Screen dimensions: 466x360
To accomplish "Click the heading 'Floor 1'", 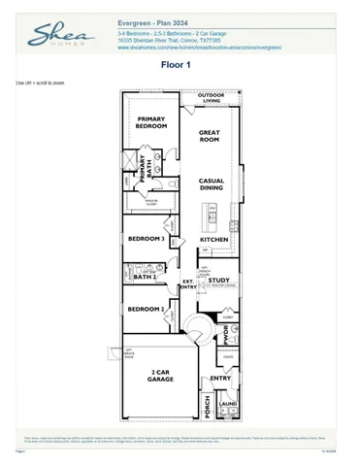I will tap(178, 65).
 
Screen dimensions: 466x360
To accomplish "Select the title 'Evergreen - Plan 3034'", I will tap(155, 21).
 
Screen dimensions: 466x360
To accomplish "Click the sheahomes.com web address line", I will tap(199, 45).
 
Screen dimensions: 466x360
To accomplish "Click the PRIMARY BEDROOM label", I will tap(151, 122).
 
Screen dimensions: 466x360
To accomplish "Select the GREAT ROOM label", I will tap(211, 136).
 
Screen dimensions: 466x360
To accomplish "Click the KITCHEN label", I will tap(213, 239).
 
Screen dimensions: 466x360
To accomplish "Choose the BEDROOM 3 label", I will tap(147, 238).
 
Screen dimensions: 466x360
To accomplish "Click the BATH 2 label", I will tap(145, 277).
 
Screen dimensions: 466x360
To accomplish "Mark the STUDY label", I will tap(219, 282).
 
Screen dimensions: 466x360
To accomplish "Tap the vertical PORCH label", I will tap(207, 405).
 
